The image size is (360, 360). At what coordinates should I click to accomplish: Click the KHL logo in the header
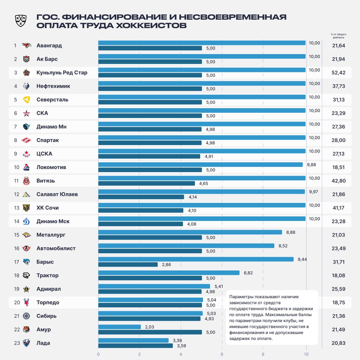tap(20, 21)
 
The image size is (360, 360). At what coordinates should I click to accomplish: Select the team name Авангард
tap(49, 46)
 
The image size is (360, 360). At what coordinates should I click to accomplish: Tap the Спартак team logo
tap(27, 140)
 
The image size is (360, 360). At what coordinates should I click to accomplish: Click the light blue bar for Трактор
tap(169, 273)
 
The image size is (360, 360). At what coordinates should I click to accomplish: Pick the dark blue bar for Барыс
tap(128, 264)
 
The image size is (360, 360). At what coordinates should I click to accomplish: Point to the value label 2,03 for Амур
tap(149, 327)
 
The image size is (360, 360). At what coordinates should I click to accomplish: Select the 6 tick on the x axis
tap(222, 354)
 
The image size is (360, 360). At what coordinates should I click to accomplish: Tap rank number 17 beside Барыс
tap(16, 262)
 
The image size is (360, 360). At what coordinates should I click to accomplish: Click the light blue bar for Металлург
tap(190, 232)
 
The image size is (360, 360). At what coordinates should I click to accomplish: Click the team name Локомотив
tap(51, 167)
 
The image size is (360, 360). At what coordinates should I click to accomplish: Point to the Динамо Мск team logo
tap(27, 221)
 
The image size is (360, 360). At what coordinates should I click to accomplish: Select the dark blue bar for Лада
tap(136, 346)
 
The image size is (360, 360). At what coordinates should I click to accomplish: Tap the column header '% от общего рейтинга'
tap(338, 36)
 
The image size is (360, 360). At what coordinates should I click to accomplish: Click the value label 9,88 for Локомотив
tap(312, 164)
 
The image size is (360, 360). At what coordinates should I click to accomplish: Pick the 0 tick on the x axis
tap(98, 354)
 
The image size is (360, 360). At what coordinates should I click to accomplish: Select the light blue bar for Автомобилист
tap(186, 246)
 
